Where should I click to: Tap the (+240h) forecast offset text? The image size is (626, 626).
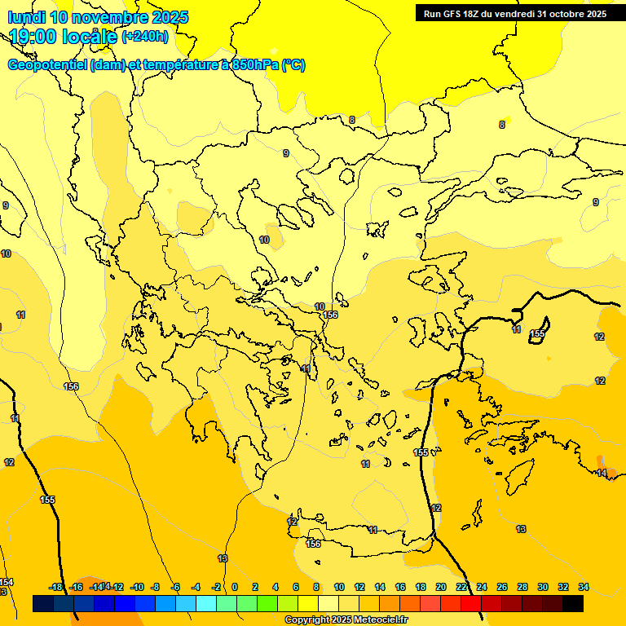point(145,36)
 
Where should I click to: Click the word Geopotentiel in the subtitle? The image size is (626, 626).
point(48,65)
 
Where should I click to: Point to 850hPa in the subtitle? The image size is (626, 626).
point(255,65)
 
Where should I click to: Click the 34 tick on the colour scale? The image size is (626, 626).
point(584,587)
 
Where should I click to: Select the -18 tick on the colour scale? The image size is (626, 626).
point(55,587)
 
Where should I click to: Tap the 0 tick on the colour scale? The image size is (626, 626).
point(235,587)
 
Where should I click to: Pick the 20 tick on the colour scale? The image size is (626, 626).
point(441,587)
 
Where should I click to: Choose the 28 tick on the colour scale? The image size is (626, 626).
point(522,587)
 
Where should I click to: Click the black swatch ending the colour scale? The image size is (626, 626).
point(573,603)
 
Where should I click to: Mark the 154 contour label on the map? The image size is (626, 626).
point(7,582)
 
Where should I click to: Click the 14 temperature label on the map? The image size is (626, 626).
point(602,473)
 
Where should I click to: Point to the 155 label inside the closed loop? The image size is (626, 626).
point(537,333)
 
